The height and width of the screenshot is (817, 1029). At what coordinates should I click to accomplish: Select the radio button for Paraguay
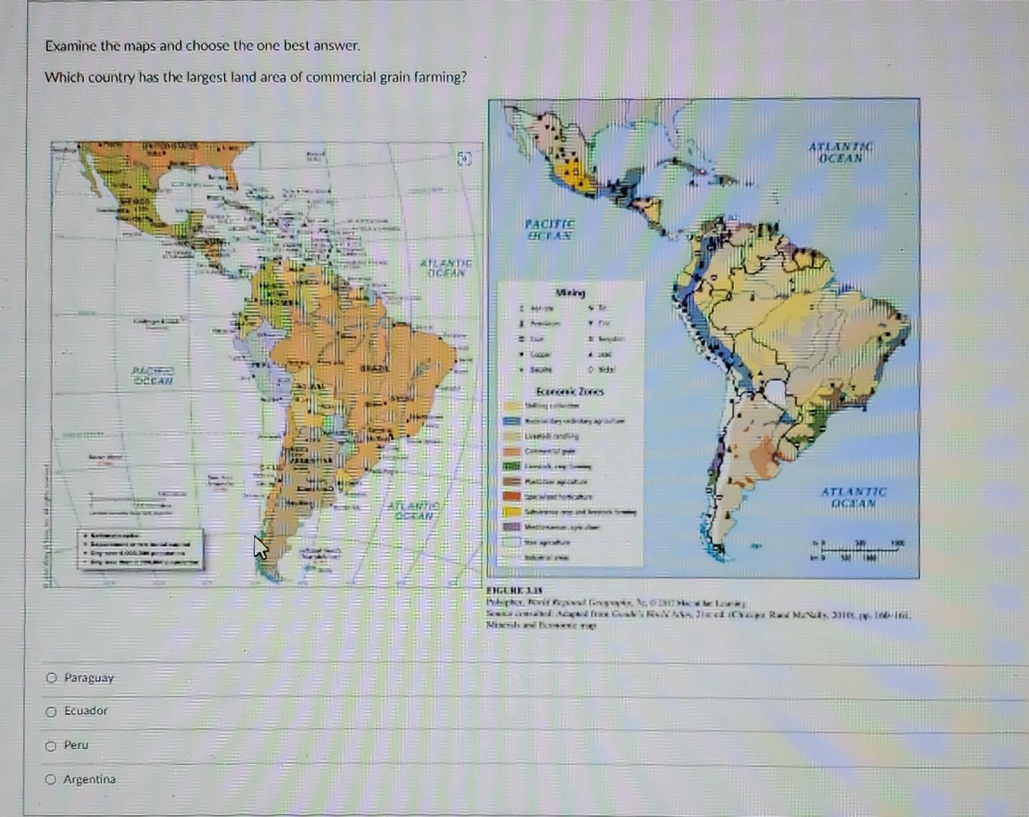[51, 678]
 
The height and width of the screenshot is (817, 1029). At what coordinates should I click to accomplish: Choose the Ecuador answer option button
[51, 711]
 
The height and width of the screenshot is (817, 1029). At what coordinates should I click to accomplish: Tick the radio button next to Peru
[51, 746]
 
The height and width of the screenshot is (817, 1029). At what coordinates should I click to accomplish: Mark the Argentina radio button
[51, 779]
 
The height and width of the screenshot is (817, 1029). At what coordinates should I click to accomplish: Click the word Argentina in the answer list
[89, 779]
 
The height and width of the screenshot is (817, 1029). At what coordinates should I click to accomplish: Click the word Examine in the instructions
[71, 45]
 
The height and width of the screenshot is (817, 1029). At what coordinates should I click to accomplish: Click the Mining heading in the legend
[570, 292]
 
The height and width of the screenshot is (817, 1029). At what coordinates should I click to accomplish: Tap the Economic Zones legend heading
[570, 391]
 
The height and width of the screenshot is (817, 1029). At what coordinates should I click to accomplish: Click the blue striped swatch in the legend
[512, 421]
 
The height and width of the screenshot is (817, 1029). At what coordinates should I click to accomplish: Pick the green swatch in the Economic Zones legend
[512, 466]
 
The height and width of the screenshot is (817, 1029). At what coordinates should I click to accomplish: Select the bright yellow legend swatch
[512, 511]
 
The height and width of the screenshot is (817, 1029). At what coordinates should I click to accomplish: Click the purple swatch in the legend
[512, 527]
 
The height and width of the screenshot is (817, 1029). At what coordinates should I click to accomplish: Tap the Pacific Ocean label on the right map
[549, 229]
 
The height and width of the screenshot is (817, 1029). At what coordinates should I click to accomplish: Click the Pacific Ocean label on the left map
[153, 376]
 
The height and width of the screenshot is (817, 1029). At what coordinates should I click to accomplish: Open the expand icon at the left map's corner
[465, 159]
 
